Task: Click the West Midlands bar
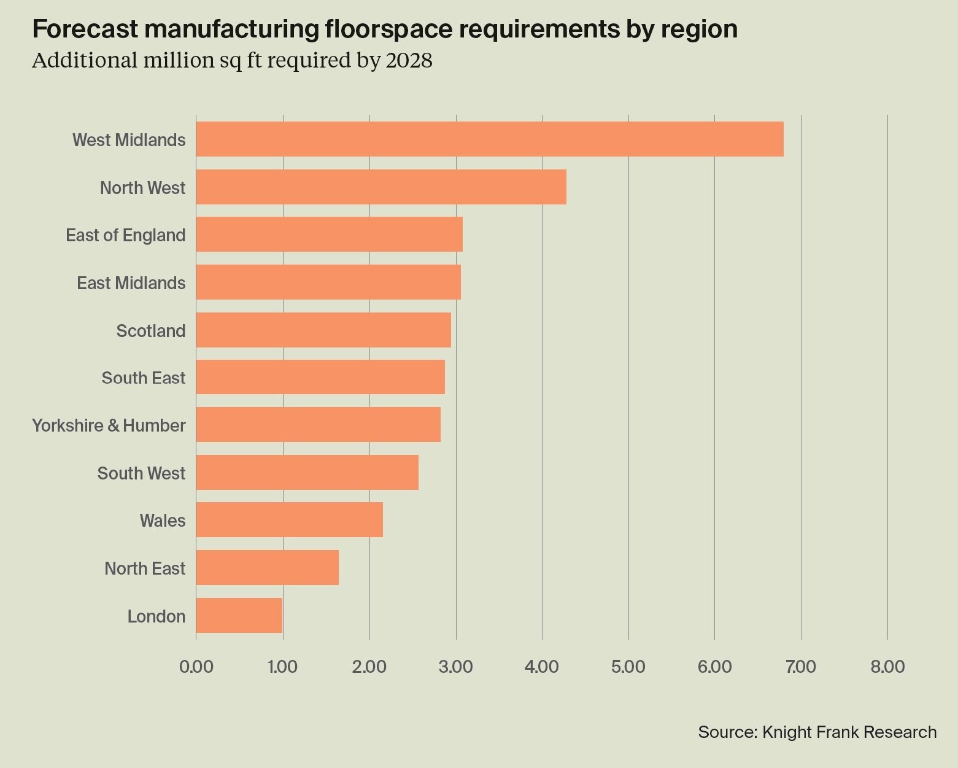(x=490, y=139)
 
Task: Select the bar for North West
(x=381, y=187)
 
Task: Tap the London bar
(x=239, y=616)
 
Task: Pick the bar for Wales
(x=290, y=520)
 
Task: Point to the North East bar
(x=268, y=568)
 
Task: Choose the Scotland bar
(x=323, y=330)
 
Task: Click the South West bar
(x=307, y=473)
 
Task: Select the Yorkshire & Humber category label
(x=109, y=425)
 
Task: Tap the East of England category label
(x=126, y=235)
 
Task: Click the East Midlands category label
(x=131, y=283)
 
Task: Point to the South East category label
(x=144, y=378)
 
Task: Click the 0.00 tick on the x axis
(x=196, y=667)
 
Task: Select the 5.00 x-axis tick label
(x=628, y=667)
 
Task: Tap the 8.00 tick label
(x=887, y=667)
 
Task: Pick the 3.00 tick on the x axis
(x=455, y=667)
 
